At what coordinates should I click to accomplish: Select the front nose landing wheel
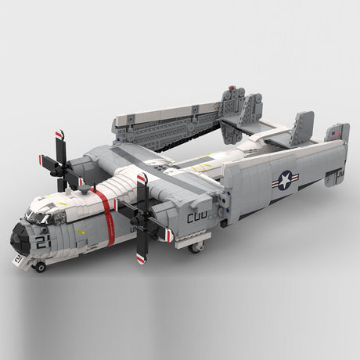39,267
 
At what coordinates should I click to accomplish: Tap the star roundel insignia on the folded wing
284,180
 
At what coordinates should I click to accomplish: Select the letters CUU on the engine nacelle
197,217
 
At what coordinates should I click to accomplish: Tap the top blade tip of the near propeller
141,179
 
